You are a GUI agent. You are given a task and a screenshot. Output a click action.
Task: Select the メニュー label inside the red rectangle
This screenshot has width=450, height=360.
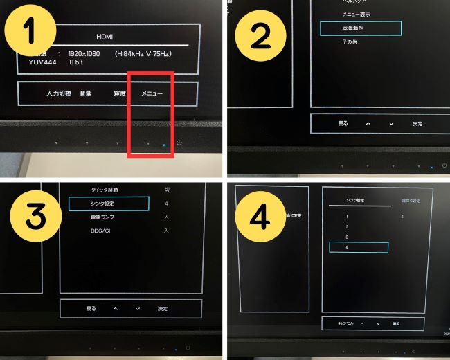152,92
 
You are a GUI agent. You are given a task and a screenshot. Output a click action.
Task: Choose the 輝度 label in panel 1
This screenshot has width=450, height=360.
119,92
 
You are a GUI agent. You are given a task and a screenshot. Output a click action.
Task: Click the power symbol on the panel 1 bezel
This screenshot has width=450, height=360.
179,143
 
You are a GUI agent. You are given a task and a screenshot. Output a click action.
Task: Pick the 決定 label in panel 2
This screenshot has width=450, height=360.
417,123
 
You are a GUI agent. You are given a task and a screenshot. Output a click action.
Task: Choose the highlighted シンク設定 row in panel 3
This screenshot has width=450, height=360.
109,204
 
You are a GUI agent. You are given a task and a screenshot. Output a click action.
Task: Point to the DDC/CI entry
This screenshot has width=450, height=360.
102,230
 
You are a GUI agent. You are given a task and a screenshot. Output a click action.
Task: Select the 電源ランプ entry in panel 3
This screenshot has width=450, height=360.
105,217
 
